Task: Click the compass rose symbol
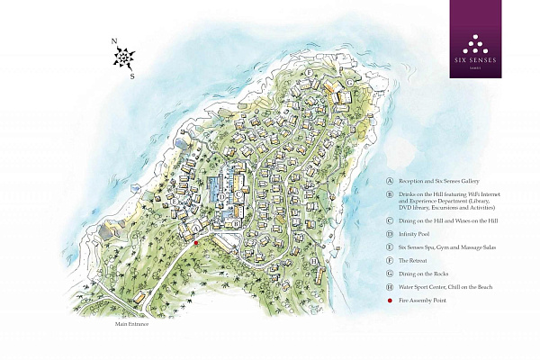click(123, 58)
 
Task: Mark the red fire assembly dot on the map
click(196, 242)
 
